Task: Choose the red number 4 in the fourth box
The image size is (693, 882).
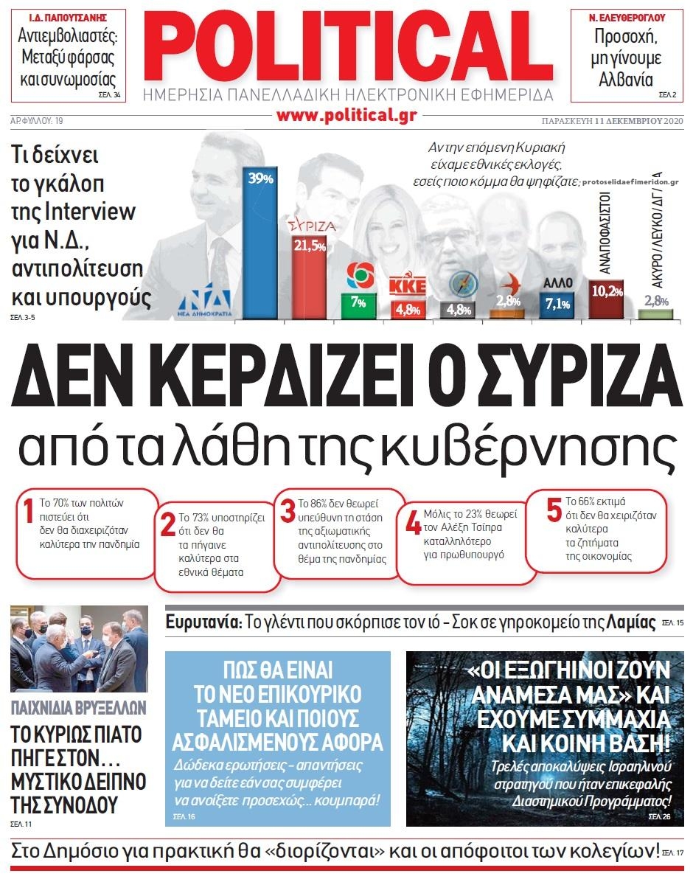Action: (413, 521)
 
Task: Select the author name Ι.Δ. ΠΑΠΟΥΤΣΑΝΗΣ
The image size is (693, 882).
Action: (68, 17)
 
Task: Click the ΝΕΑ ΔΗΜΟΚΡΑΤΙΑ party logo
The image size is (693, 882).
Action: (212, 299)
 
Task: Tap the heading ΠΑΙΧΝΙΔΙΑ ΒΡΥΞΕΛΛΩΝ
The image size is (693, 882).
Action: (79, 709)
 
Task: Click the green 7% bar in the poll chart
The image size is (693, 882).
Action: (358, 305)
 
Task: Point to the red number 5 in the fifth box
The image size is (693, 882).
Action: (554, 510)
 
